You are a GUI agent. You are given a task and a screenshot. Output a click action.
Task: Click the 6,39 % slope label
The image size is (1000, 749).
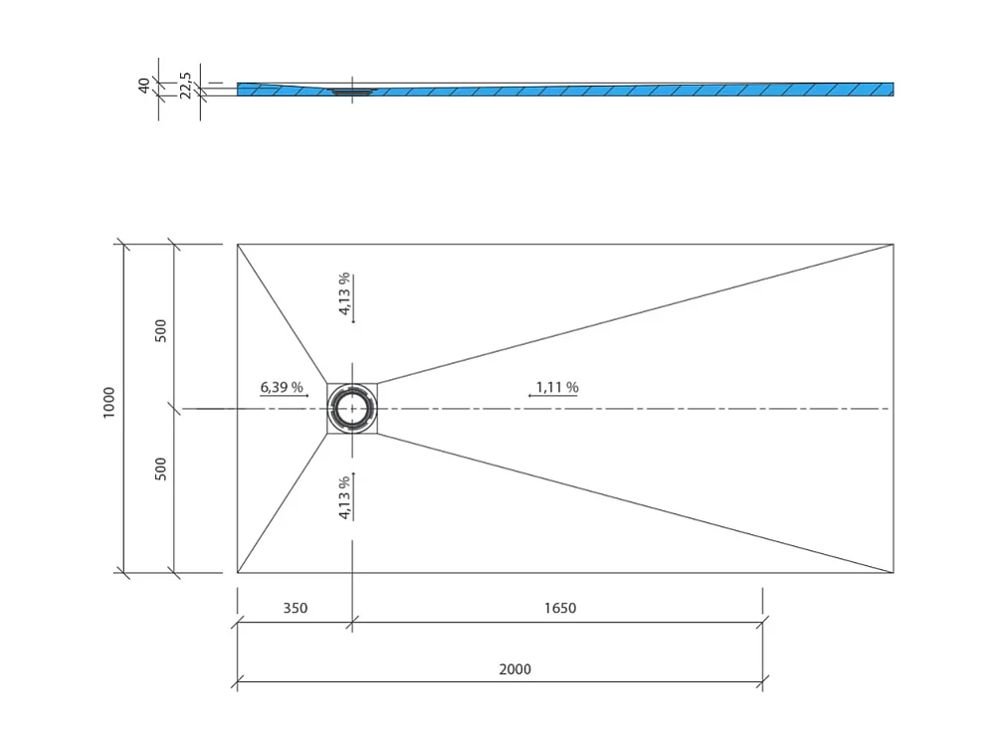[x=282, y=387]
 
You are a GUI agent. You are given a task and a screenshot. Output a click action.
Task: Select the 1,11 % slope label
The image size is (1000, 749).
[x=556, y=387]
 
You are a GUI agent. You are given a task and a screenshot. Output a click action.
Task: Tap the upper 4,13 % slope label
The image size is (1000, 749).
[x=344, y=293]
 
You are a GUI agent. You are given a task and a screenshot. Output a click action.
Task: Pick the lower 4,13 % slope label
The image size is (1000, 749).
[x=344, y=497]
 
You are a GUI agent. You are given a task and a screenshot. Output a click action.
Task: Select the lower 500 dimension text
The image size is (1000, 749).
[x=161, y=468]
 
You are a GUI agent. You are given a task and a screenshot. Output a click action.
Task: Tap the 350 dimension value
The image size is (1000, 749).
[x=296, y=608]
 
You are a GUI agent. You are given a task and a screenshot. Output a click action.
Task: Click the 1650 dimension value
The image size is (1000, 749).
[x=559, y=608]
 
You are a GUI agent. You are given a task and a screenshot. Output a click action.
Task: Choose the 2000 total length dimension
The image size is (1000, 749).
[x=514, y=669]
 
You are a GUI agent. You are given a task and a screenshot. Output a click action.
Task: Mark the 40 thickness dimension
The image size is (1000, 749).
[x=144, y=86]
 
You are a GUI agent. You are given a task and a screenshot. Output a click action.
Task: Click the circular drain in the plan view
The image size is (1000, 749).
[x=352, y=409]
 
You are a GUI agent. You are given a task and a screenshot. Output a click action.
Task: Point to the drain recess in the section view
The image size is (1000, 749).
[x=351, y=92]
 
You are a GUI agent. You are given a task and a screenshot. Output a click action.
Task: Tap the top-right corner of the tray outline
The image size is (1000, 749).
[x=893, y=244]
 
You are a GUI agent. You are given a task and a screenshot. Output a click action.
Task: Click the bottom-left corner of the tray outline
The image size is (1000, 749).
[x=238, y=573]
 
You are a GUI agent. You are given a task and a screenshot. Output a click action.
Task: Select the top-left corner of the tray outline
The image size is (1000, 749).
[x=238, y=244]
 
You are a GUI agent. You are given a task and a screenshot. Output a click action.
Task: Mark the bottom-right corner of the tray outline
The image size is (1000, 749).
[x=893, y=573]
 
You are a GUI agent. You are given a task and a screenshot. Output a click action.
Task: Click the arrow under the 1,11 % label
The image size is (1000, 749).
[x=552, y=396]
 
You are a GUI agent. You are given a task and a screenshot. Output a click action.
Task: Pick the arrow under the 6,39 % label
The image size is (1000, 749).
[x=285, y=396]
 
